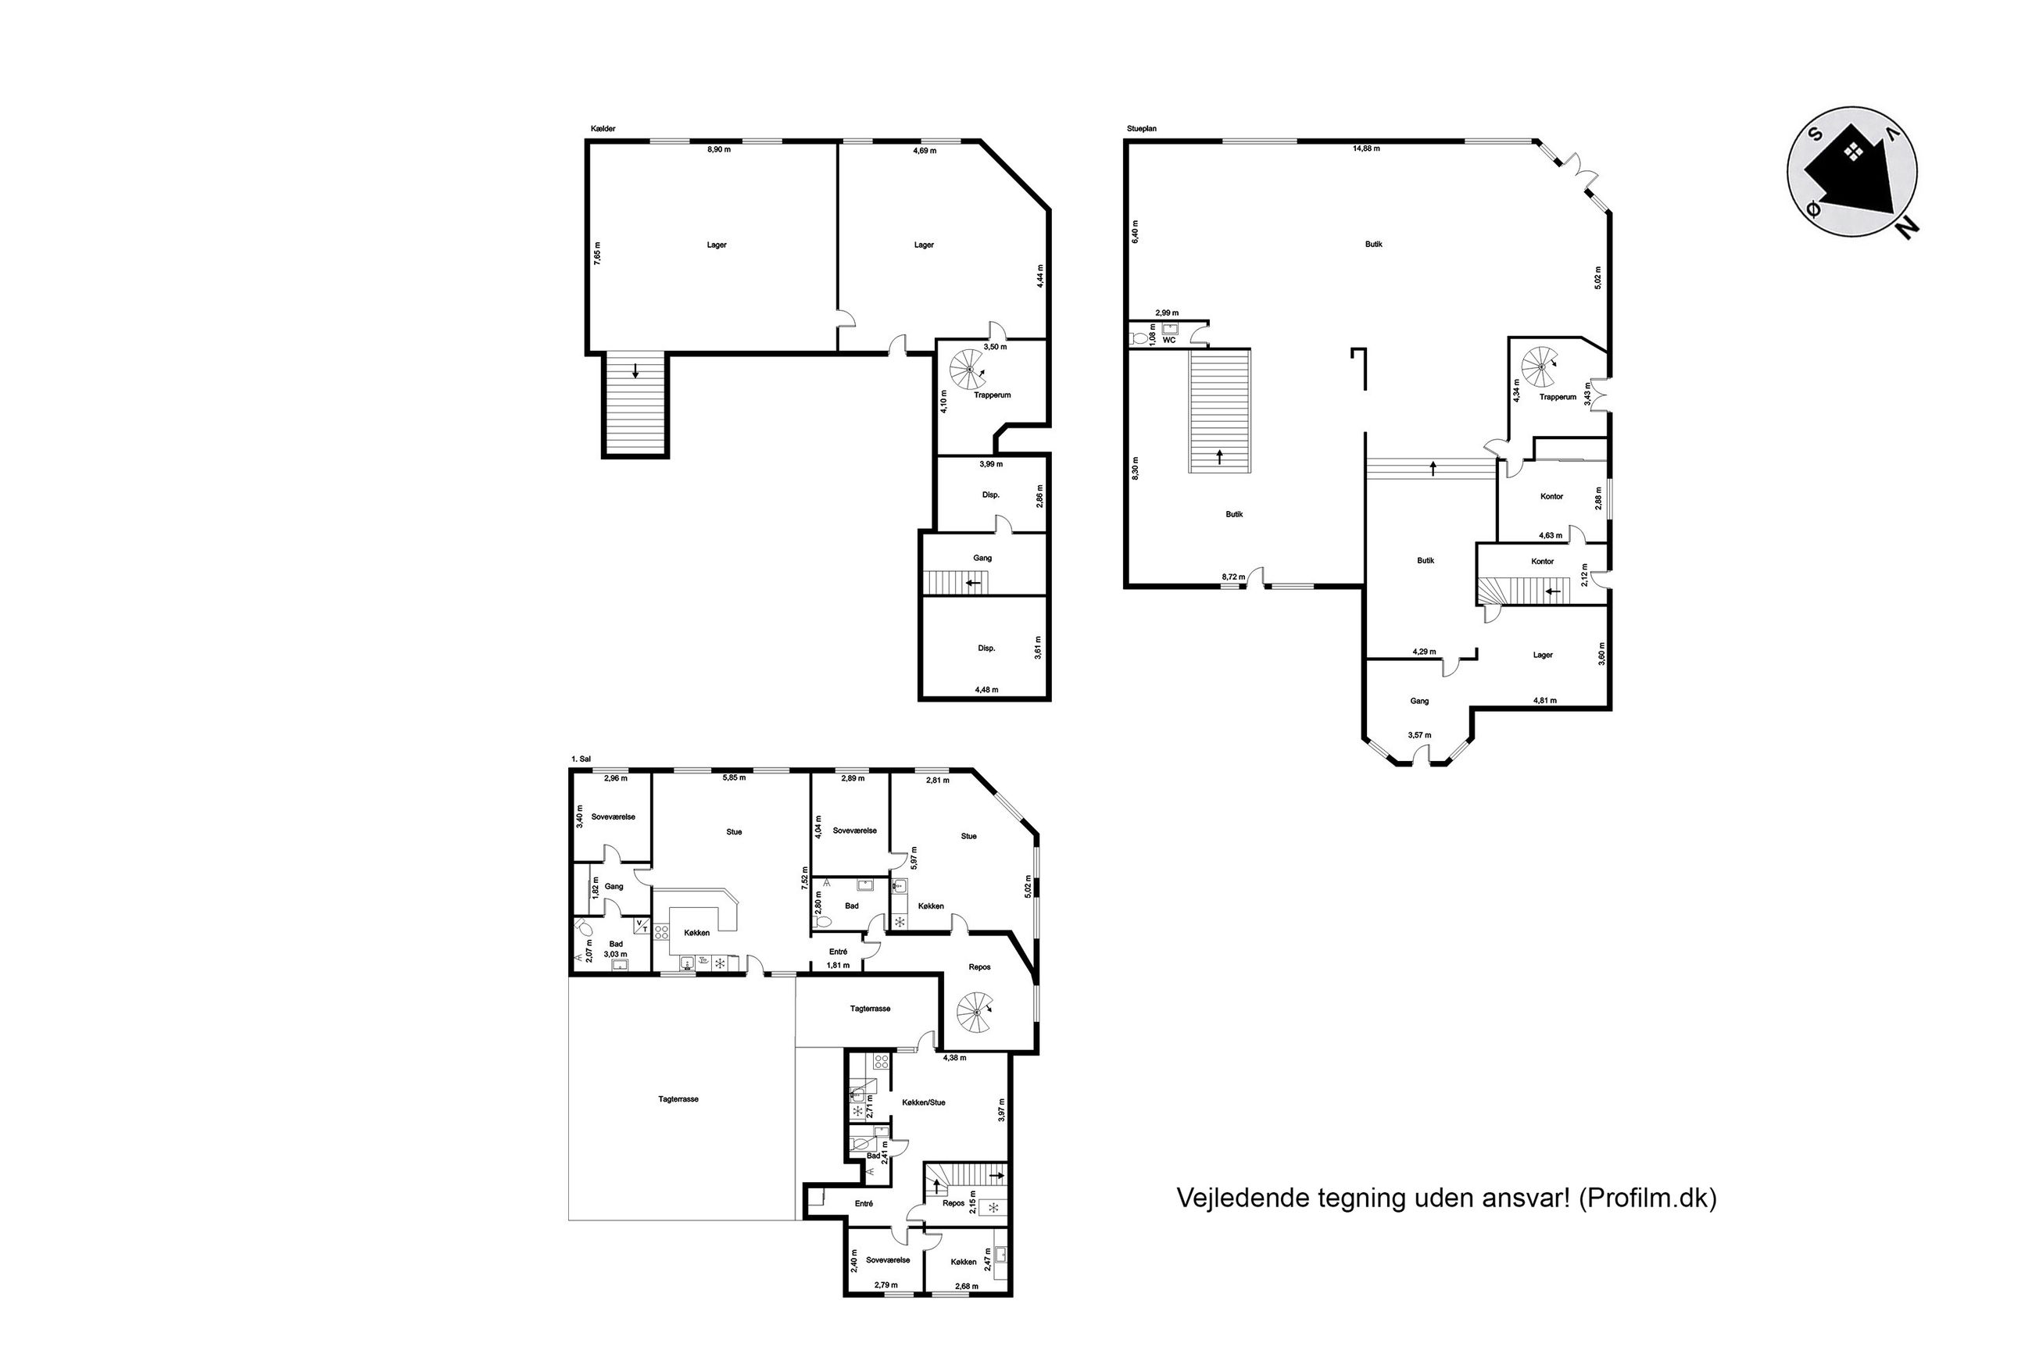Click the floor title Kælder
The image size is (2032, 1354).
[602, 129]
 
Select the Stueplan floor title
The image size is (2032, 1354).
[1141, 129]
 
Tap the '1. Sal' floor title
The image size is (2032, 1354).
[581, 759]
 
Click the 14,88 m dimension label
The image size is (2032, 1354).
[1366, 148]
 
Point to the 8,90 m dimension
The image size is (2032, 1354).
[718, 149]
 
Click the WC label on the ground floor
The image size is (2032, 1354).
[1169, 340]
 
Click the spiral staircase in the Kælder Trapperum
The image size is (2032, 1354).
[970, 369]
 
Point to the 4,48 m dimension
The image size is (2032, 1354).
[986, 689]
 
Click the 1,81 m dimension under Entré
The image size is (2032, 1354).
[839, 965]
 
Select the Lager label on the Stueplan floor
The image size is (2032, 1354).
[1542, 655]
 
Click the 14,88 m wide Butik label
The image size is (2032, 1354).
[1373, 245]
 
